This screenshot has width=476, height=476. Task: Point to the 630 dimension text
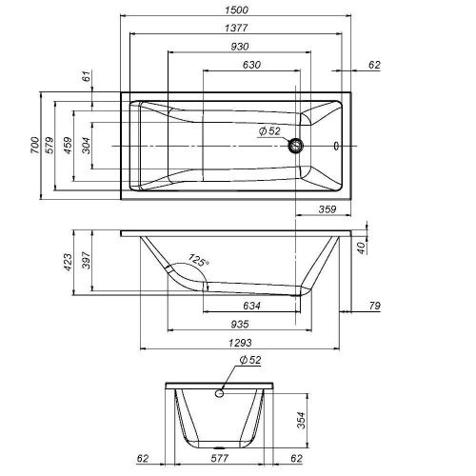click(250, 65)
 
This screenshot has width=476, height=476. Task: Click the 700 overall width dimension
click(35, 146)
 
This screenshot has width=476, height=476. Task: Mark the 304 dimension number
click(87, 146)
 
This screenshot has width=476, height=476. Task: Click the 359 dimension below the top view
click(329, 209)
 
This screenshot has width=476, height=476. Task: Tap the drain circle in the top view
click(297, 146)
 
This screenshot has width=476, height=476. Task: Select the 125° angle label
click(197, 259)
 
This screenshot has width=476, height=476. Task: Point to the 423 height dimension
click(69, 262)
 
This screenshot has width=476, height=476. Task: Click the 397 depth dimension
click(87, 262)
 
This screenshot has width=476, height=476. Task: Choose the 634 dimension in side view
click(252, 307)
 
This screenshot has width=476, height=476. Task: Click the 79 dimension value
click(374, 306)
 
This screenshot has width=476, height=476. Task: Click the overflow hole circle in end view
click(220, 391)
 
